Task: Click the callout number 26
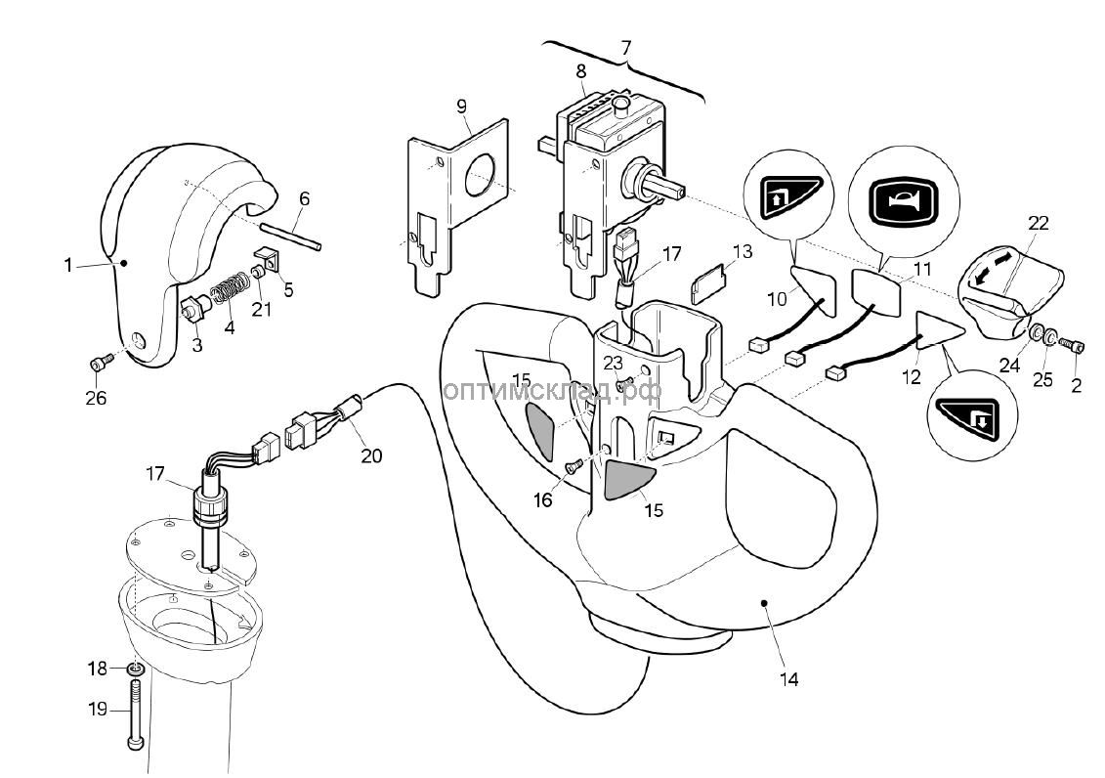click(x=96, y=399)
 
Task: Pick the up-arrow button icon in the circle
click(x=785, y=199)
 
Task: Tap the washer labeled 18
click(x=137, y=669)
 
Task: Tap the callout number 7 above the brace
click(x=626, y=47)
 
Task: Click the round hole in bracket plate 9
click(x=481, y=176)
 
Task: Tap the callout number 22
click(x=1038, y=223)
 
